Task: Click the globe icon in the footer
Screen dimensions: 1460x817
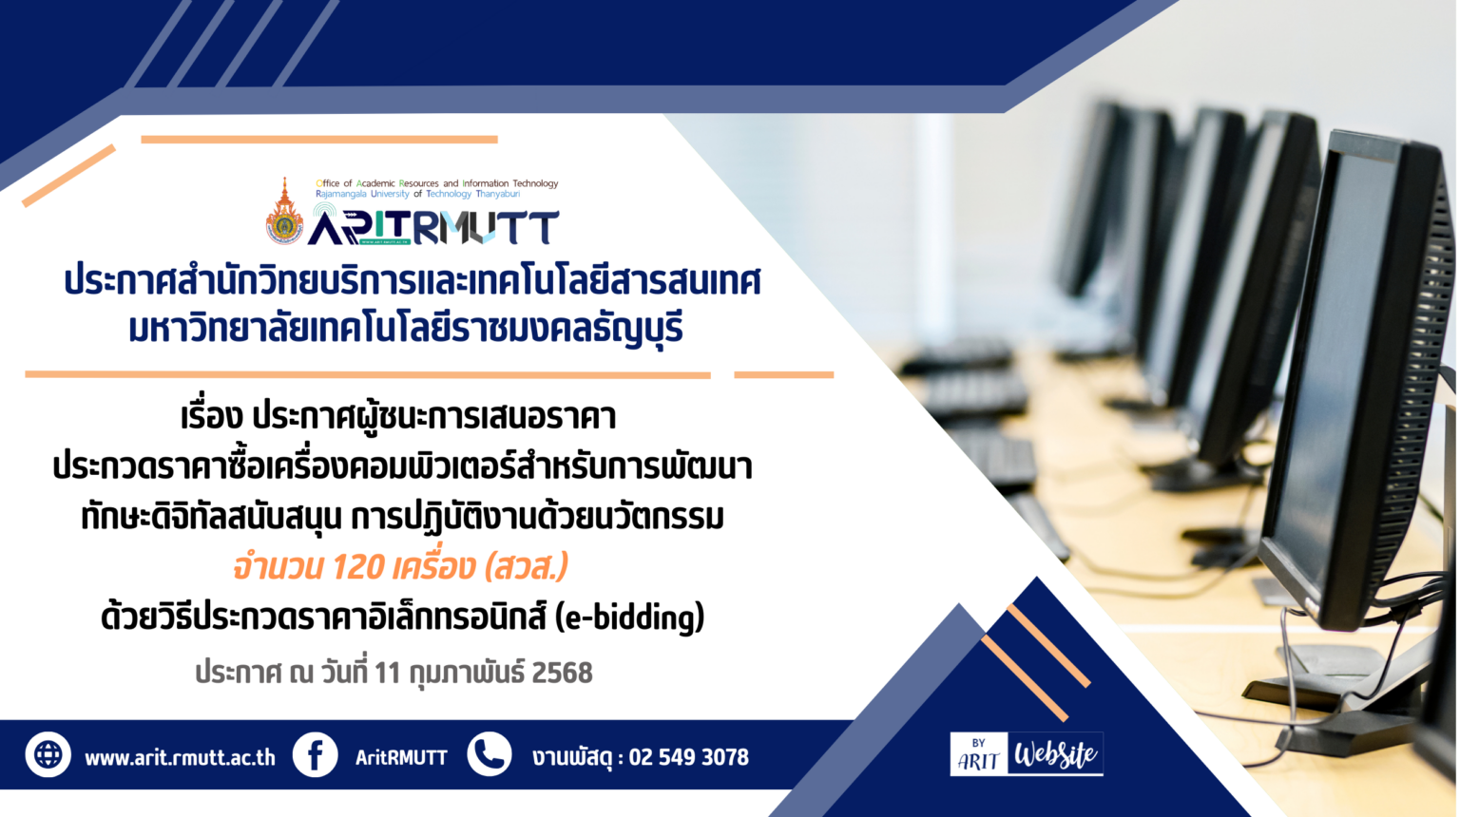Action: tap(48, 754)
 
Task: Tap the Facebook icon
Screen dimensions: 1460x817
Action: tap(315, 754)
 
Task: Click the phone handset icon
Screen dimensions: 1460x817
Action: tap(490, 753)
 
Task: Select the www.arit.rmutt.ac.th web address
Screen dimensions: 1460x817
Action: tap(180, 758)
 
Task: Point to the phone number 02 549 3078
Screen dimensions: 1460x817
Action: tap(689, 757)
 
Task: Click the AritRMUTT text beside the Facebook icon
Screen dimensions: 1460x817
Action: tap(401, 757)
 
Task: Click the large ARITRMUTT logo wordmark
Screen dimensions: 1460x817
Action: tap(433, 227)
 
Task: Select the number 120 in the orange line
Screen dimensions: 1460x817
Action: tap(357, 567)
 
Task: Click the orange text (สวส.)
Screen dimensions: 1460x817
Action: tap(527, 567)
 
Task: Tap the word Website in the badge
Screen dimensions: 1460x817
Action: tap(1055, 754)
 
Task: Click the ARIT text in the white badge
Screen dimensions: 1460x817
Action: tap(978, 761)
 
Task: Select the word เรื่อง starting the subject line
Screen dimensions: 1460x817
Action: tap(212, 418)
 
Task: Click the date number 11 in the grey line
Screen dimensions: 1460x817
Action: tap(387, 673)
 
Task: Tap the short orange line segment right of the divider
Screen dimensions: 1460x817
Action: tap(783, 374)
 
